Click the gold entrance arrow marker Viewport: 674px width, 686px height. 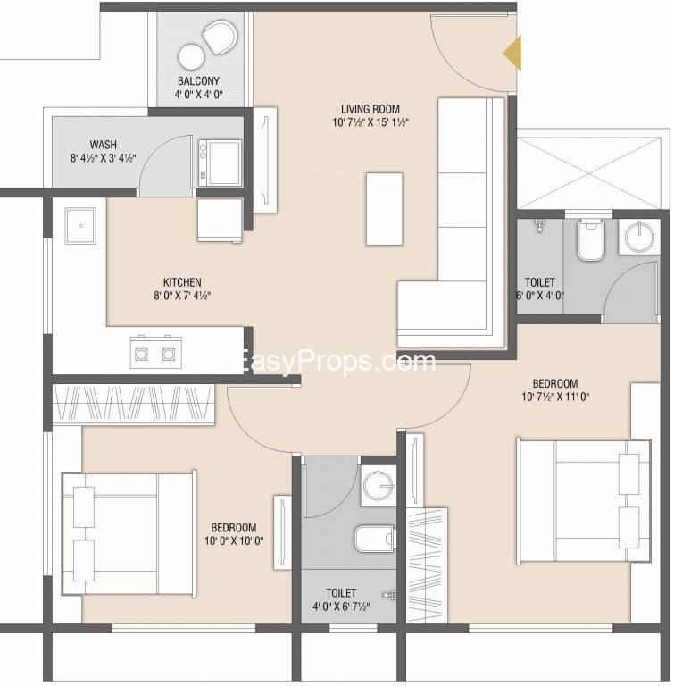(512, 54)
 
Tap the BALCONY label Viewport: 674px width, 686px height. (198, 81)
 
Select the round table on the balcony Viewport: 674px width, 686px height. (191, 58)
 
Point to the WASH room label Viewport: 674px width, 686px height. (104, 145)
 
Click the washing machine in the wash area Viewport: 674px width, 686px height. (220, 163)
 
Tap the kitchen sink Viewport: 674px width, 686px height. (80, 226)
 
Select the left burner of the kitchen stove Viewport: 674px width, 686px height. (141, 354)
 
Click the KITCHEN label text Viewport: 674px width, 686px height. (182, 282)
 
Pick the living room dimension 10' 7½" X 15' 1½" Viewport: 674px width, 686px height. (370, 122)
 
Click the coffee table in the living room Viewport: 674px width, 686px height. (385, 209)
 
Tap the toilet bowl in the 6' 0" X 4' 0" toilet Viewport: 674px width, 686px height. (590, 239)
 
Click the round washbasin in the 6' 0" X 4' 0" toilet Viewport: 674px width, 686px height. (639, 237)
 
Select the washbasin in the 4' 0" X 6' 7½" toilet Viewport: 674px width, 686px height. (379, 486)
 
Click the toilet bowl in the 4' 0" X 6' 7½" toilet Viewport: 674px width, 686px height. (374, 538)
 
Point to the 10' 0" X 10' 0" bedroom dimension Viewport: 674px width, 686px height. (234, 540)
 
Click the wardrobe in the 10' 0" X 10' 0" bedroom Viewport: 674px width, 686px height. (133, 404)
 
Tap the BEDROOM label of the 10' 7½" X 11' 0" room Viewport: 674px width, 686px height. (555, 384)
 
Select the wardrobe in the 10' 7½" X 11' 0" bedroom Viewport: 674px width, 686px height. (427, 565)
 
